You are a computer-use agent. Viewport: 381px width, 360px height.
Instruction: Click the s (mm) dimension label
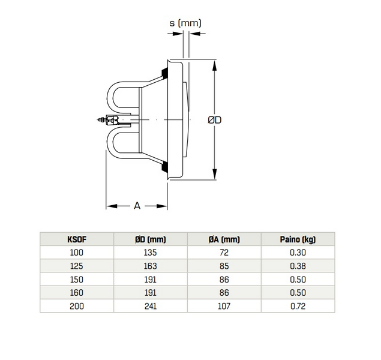pyautogui.click(x=185, y=23)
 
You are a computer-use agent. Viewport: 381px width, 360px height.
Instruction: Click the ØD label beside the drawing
pyautogui.click(x=215, y=120)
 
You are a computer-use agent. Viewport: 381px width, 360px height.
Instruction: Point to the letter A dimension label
pyautogui.click(x=137, y=206)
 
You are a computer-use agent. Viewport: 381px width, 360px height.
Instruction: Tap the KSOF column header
pyautogui.click(x=77, y=239)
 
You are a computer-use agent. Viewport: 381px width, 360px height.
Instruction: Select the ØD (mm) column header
pyautogui.click(x=151, y=239)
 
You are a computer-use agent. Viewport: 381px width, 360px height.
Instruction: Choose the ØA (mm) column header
pyautogui.click(x=224, y=239)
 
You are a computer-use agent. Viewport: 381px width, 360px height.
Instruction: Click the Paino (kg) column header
pyautogui.click(x=298, y=239)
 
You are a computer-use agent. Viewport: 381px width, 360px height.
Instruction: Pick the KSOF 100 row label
pyautogui.click(x=77, y=253)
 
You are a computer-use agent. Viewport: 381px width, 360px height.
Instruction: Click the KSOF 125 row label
pyautogui.click(x=77, y=266)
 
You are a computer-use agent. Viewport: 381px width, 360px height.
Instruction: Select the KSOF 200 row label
pyautogui.click(x=77, y=306)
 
